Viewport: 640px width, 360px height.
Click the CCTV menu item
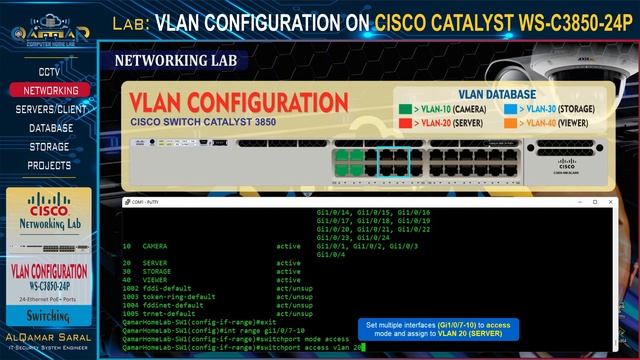click(49, 72)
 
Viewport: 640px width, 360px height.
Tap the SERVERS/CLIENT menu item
click(50, 109)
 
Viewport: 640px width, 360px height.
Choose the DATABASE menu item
click(50, 128)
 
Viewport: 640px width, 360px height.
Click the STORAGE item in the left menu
click(50, 146)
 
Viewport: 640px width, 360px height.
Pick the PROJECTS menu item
click(49, 165)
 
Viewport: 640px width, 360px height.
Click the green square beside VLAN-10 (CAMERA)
click(405, 110)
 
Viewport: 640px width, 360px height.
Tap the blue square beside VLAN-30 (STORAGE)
click(510, 110)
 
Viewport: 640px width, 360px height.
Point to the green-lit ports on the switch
click(349, 162)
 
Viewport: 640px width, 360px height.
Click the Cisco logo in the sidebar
click(49, 211)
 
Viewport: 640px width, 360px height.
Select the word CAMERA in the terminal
click(155, 245)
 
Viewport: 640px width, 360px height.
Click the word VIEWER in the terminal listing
click(155, 279)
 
